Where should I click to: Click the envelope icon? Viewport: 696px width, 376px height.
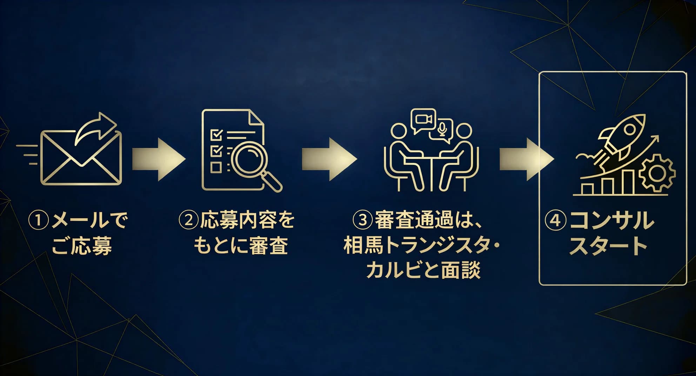pyautogui.click(x=81, y=158)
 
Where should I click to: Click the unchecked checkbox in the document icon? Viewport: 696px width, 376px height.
pyautogui.click(x=215, y=167)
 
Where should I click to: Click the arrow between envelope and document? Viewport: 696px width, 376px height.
pyautogui.click(x=159, y=159)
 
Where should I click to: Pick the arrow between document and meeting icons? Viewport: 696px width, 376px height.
pyautogui.click(x=329, y=159)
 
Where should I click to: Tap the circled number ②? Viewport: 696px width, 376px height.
pyautogui.click(x=188, y=220)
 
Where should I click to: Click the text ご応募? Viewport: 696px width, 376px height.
pyautogui.click(x=81, y=246)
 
